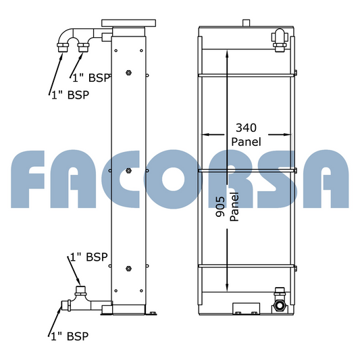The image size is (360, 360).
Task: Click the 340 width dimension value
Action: click(246, 128)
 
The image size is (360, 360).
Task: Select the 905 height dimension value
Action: click(220, 207)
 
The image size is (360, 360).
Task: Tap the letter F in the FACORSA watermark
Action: click(28, 179)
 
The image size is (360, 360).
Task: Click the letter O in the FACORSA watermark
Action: click(174, 179)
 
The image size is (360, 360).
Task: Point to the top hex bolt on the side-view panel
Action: click(128, 73)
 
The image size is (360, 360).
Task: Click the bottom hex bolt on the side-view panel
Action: click(128, 269)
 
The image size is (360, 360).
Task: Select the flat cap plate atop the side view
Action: click(129, 23)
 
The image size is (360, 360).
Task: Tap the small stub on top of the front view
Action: click(246, 23)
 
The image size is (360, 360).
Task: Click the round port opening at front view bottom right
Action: click(280, 305)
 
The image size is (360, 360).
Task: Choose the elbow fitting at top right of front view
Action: click(280, 39)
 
